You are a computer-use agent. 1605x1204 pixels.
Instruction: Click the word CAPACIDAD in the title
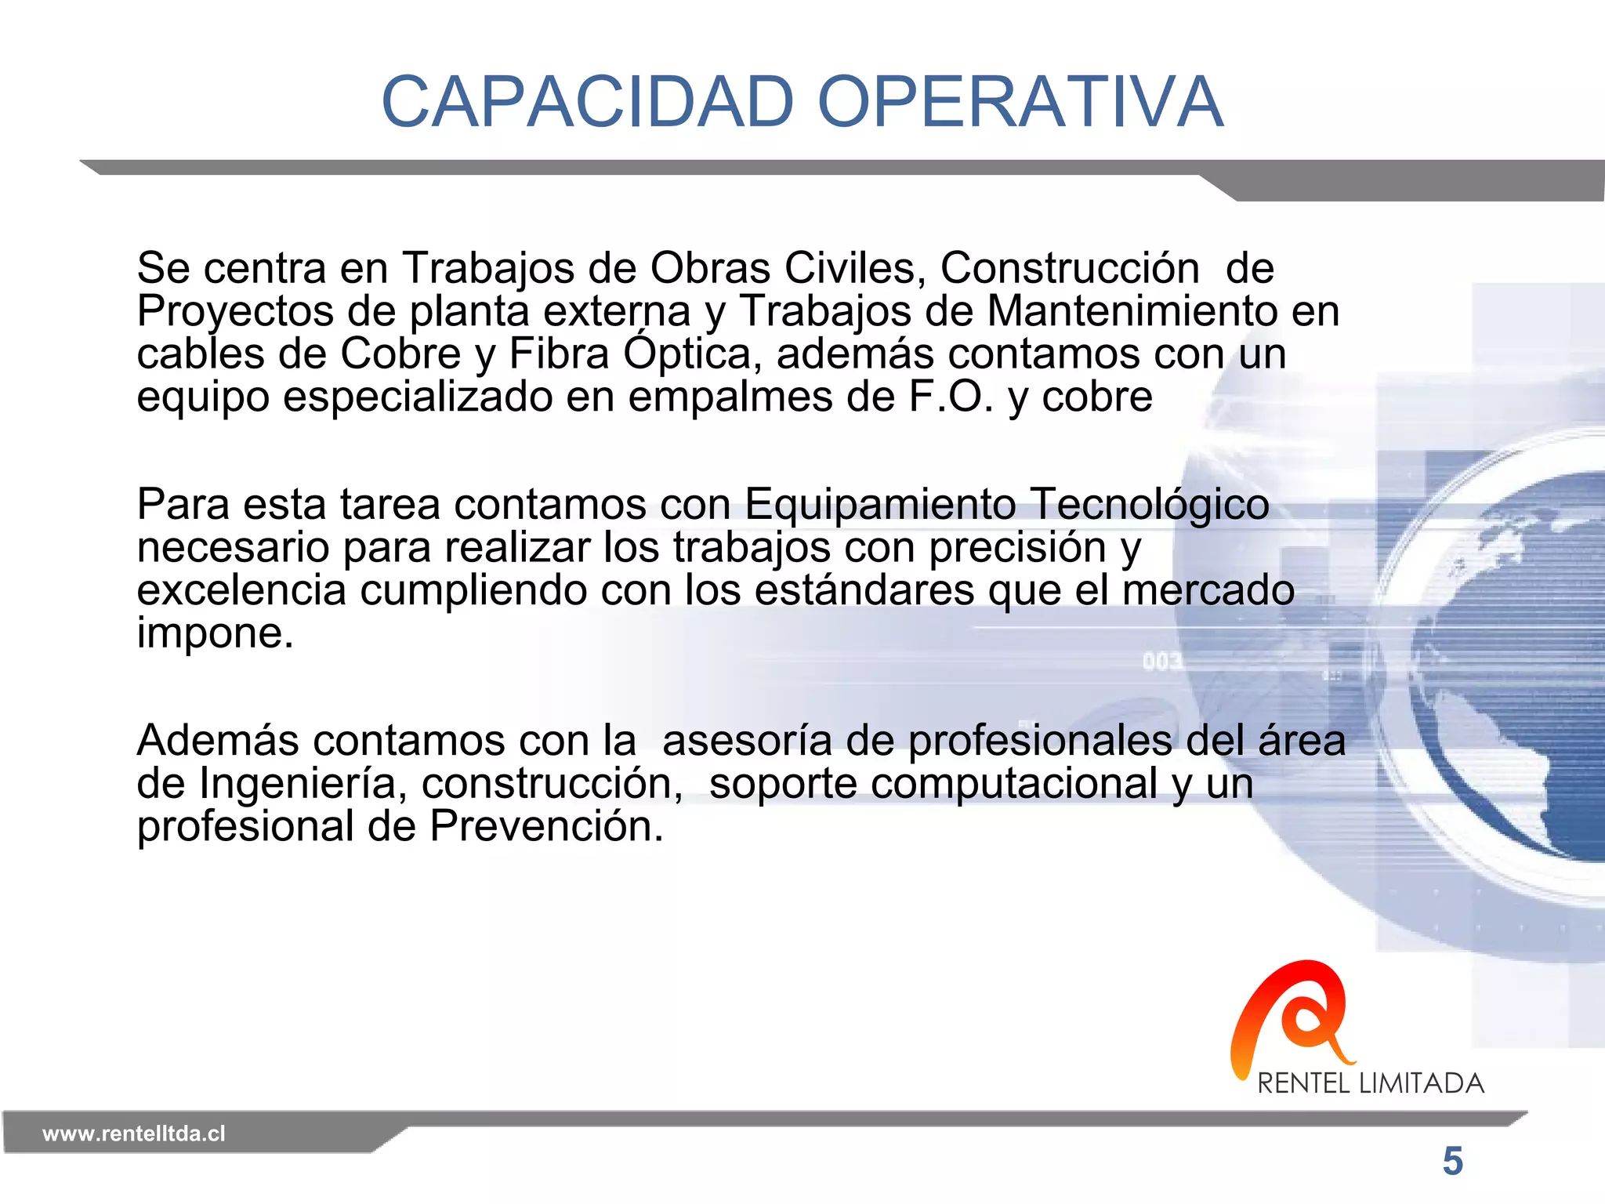click(588, 102)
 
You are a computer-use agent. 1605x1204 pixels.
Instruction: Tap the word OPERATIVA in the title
click(1020, 102)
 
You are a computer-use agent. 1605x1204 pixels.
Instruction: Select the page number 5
click(1452, 1161)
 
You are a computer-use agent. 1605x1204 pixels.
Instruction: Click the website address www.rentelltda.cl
click(134, 1133)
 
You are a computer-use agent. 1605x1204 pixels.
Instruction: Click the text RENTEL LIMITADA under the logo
click(1371, 1083)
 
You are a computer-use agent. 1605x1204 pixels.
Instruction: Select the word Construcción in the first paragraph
click(1070, 268)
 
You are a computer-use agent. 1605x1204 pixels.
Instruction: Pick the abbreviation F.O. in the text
click(951, 397)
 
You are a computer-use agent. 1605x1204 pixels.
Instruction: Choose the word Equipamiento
click(880, 504)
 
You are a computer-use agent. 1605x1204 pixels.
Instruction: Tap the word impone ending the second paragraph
click(215, 633)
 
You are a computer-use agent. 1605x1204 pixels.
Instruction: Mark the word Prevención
click(546, 826)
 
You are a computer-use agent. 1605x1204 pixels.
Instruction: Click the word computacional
click(1014, 783)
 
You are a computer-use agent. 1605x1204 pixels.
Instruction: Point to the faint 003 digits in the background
click(1161, 662)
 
